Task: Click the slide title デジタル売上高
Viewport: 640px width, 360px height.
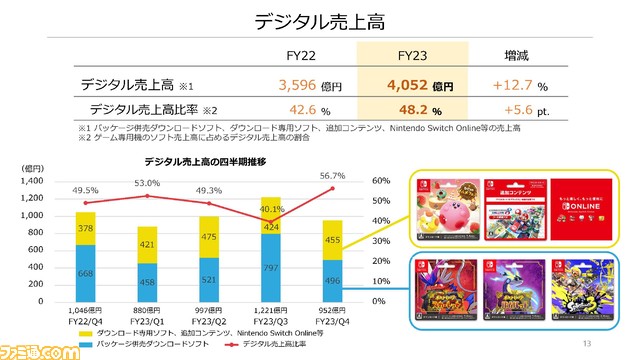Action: click(x=319, y=22)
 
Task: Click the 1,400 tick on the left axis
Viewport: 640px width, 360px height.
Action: click(x=30, y=181)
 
